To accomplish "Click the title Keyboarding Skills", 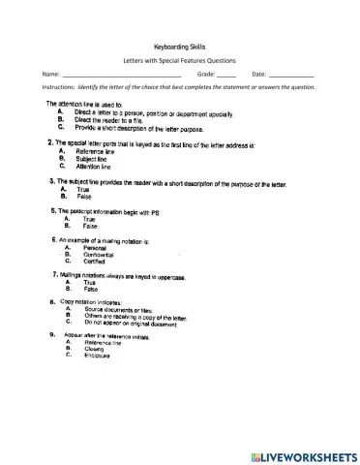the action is coord(180,46).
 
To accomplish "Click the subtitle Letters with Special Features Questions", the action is coord(180,60).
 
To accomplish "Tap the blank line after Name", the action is coord(121,76).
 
